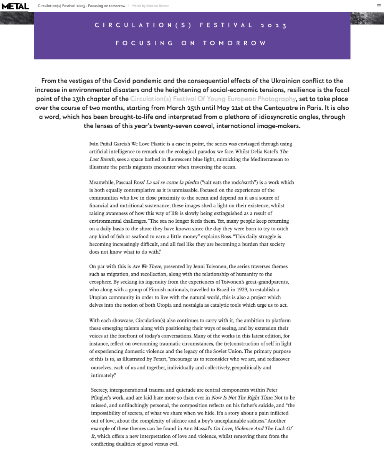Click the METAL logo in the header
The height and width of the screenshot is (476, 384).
15,6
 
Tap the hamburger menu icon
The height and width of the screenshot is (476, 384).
379,6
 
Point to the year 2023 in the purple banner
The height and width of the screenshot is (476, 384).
273,26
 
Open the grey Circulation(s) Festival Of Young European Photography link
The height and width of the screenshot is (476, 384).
213,99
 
